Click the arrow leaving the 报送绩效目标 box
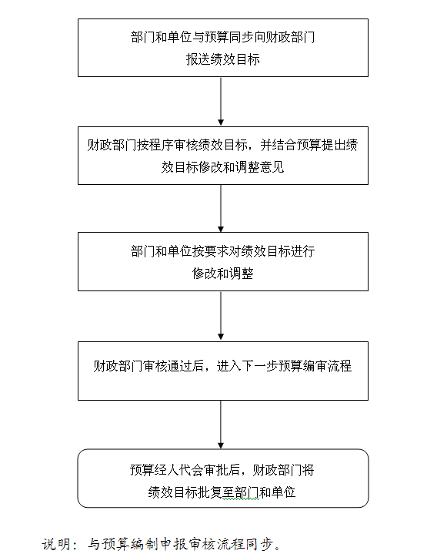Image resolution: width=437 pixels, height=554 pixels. pyautogui.click(x=221, y=102)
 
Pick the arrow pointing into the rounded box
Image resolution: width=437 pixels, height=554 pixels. pyautogui.click(x=221, y=425)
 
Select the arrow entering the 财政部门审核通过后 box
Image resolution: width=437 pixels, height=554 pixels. pyautogui.click(x=221, y=316)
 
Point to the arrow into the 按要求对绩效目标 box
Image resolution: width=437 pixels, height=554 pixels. pyautogui.click(x=221, y=209)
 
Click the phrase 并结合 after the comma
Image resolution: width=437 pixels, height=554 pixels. pyautogui.click(x=279, y=145)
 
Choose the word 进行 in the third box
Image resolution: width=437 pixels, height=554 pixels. pyautogui.click(x=302, y=251)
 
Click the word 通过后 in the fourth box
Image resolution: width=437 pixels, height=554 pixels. pyautogui.click(x=185, y=366)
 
